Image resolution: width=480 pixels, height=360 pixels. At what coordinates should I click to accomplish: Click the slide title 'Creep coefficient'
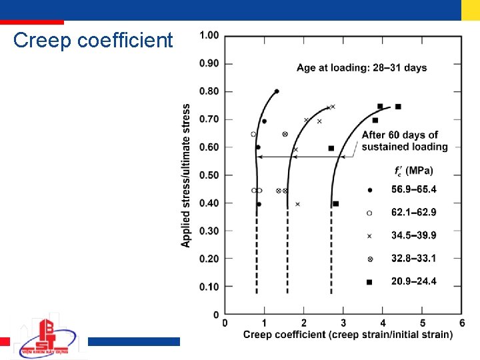click(x=93, y=41)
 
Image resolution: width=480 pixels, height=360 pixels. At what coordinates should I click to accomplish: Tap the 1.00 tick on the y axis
click(x=209, y=35)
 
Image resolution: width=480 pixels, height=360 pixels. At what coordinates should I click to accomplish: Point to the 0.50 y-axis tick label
click(x=209, y=175)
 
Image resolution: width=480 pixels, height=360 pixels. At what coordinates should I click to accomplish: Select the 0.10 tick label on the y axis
click(x=209, y=287)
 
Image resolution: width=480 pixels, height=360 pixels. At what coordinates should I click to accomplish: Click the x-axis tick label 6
click(x=462, y=323)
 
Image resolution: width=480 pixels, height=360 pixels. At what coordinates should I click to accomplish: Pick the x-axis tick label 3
click(x=343, y=323)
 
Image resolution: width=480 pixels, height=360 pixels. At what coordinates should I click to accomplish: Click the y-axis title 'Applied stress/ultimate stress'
click(x=186, y=175)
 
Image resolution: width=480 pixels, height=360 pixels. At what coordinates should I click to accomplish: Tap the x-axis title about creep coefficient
click(x=347, y=335)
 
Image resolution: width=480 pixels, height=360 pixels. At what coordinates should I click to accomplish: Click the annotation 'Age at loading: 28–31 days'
click(x=361, y=68)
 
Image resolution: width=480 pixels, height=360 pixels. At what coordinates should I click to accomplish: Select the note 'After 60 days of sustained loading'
click(x=405, y=141)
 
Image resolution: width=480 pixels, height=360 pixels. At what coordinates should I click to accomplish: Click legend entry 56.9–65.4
click(x=413, y=190)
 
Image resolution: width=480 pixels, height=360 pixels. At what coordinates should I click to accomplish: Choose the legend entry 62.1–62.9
click(x=413, y=213)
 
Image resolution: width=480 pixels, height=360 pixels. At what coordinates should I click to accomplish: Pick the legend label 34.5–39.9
click(x=413, y=235)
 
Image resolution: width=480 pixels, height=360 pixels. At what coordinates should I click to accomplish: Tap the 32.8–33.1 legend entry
click(x=413, y=258)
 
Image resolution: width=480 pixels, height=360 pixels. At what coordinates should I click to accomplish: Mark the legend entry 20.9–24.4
click(x=413, y=281)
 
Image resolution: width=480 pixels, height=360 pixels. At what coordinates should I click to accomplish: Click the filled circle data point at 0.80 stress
click(x=277, y=91)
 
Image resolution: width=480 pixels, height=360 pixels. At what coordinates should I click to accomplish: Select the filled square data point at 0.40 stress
click(x=335, y=203)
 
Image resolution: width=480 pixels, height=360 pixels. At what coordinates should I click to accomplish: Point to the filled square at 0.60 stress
click(x=331, y=148)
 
